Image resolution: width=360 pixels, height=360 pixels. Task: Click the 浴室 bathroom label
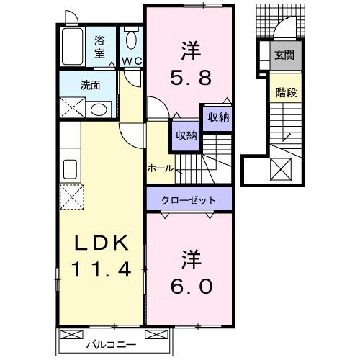point(100,47)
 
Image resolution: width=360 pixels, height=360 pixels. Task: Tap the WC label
point(131,60)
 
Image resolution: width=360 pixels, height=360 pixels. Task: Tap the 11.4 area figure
point(99,271)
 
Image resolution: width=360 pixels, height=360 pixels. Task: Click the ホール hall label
point(160,168)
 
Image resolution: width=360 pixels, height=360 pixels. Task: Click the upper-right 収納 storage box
point(218,117)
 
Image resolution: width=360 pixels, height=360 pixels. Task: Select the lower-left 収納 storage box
point(184,135)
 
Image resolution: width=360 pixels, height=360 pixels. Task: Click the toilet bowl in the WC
point(131,40)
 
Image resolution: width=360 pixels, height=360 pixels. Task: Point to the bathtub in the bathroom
point(73,48)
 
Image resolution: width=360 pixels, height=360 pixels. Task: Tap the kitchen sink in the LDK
point(71,169)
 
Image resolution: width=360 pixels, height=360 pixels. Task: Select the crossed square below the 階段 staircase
point(279,170)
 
